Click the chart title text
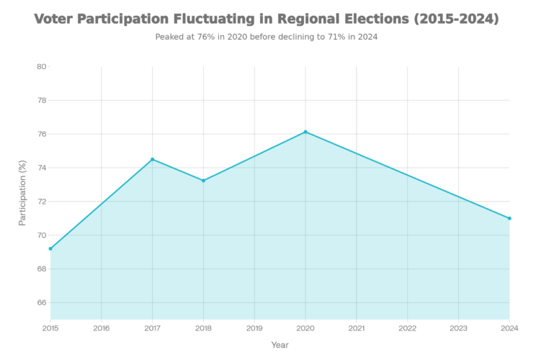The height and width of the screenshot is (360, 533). [266, 19]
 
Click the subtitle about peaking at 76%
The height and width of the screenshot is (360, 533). [266, 37]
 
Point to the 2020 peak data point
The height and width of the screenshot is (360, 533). [305, 131]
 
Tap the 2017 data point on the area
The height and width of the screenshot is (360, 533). [152, 158]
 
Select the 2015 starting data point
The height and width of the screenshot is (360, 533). [50, 248]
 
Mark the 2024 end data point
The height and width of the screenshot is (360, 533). [509, 218]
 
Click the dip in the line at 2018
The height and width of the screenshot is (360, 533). [203, 179]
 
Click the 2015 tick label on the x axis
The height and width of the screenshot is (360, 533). [50, 328]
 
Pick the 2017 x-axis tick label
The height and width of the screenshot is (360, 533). [152, 328]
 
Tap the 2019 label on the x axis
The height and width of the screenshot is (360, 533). [254, 328]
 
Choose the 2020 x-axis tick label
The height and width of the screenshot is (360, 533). [305, 328]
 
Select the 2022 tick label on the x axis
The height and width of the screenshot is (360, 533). [408, 328]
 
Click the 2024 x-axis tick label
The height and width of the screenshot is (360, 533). [509, 328]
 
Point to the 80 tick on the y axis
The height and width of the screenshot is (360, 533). [42, 67]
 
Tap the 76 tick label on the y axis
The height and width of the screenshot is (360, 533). [42, 134]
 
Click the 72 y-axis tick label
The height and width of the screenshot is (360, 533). [42, 202]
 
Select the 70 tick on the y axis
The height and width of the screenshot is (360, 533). [42, 235]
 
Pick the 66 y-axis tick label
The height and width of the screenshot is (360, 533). [42, 302]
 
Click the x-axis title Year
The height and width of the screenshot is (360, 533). [279, 345]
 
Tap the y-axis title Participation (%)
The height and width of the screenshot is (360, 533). [22, 193]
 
